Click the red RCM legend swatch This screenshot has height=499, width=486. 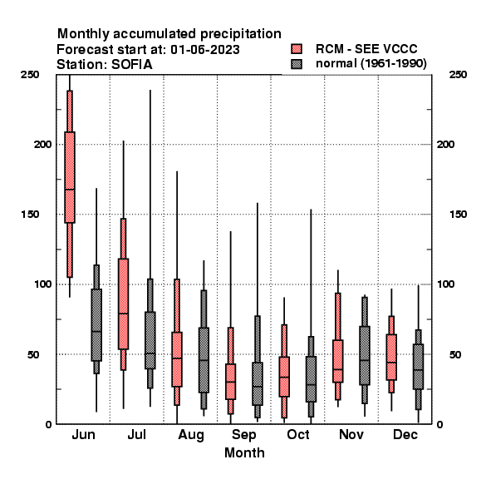point(297,49)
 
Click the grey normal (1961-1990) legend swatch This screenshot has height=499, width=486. point(297,64)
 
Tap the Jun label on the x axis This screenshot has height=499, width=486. point(83,435)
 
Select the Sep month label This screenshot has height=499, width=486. point(243,435)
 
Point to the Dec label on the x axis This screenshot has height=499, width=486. point(405,434)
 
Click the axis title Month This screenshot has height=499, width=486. point(244,452)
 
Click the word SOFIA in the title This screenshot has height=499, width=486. point(131,65)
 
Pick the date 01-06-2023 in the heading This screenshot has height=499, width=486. point(205,50)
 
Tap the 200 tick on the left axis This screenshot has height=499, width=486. point(42,144)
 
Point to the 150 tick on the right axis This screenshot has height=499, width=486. point(458,215)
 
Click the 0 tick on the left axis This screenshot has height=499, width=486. point(48,424)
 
